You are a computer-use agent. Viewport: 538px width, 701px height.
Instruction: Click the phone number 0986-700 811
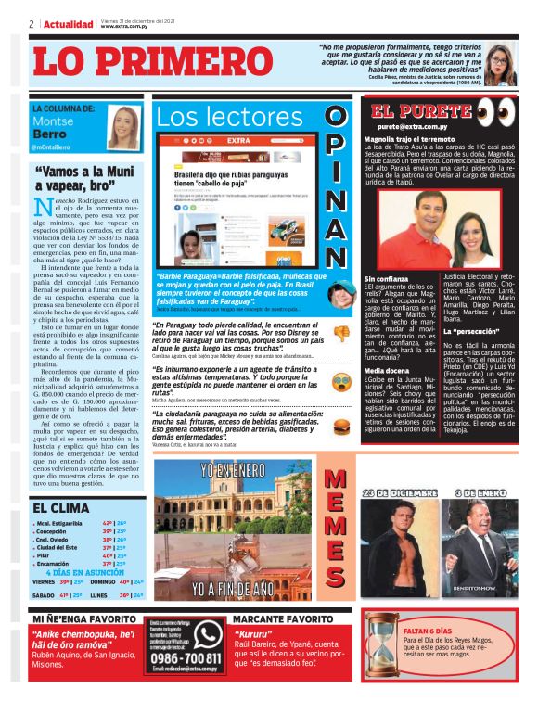(x=185, y=659)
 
